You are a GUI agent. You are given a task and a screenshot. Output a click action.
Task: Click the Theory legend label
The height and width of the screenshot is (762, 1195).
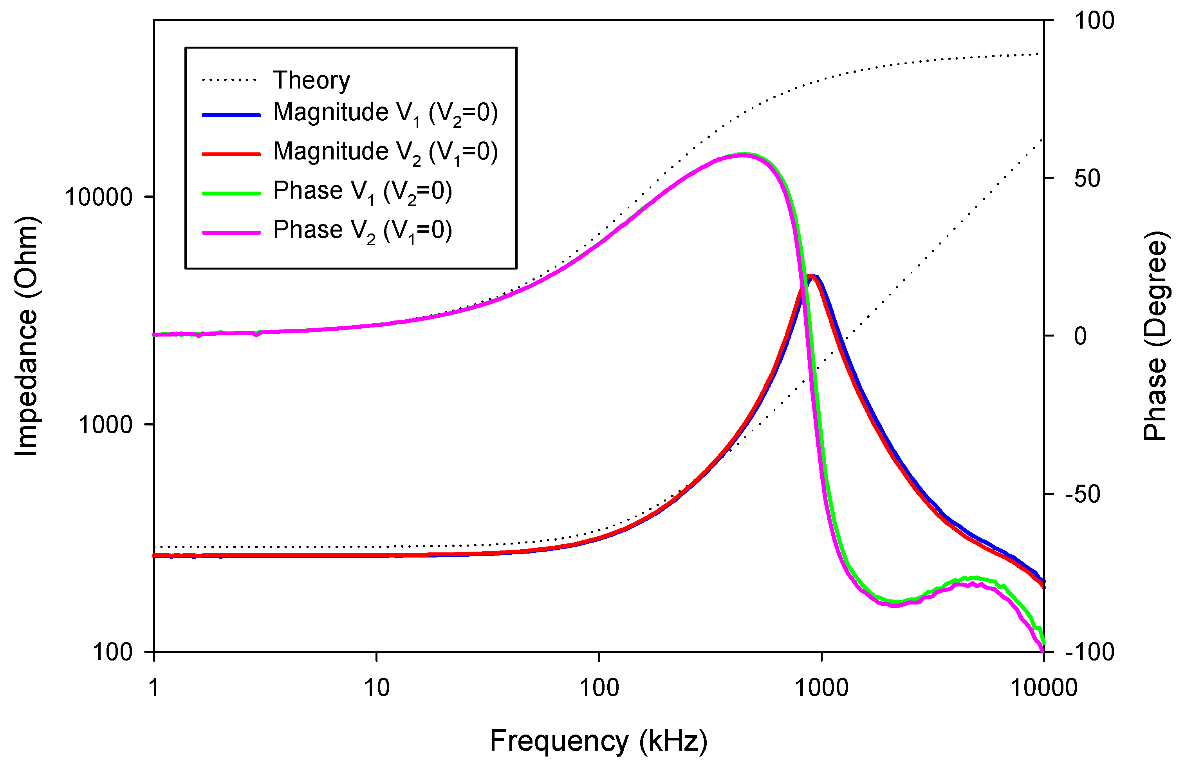311,80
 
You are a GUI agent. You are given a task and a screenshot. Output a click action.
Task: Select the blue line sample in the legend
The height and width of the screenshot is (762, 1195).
231,115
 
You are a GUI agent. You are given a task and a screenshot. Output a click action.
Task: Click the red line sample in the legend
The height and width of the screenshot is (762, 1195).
231,154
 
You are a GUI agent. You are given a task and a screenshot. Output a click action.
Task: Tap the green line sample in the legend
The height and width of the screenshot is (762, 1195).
231,193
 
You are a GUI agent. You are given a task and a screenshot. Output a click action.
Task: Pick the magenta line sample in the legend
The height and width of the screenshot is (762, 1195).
231,232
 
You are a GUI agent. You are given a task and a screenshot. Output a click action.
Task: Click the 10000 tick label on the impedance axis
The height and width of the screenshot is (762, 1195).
99,197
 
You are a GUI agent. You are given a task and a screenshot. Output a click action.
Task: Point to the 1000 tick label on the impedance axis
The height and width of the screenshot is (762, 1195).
105,425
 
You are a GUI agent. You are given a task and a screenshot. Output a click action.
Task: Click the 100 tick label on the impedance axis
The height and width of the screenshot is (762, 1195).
112,652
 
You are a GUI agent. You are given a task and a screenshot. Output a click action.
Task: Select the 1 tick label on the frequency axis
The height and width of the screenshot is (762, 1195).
154,688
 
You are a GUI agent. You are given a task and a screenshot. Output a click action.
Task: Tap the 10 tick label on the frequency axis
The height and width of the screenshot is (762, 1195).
377,688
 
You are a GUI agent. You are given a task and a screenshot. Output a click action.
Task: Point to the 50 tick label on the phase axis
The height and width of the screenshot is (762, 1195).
1087,178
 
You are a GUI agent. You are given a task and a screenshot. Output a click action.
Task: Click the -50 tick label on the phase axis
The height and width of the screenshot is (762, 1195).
1082,494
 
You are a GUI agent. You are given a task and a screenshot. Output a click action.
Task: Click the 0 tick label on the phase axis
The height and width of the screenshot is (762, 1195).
1080,336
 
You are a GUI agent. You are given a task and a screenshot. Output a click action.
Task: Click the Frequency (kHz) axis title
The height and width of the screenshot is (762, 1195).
599,741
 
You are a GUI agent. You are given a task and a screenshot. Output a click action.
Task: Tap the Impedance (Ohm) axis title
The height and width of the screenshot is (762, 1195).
26,336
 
